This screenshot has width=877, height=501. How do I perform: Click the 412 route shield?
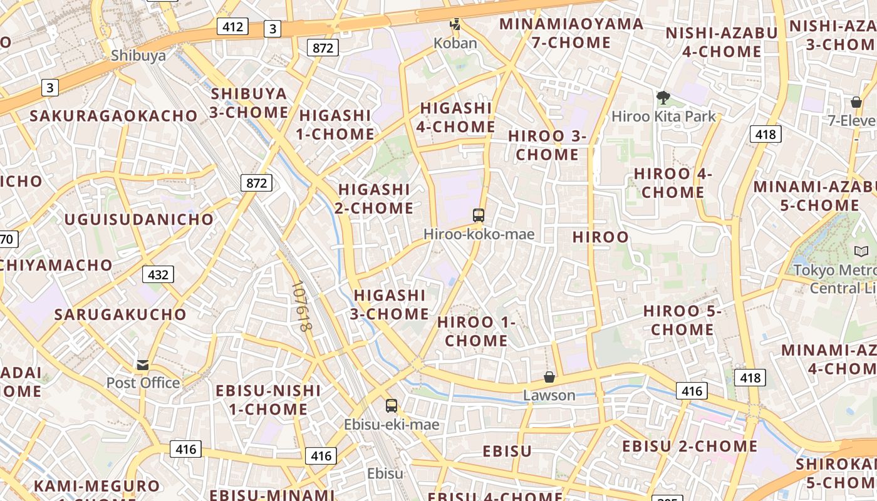[x=232, y=26]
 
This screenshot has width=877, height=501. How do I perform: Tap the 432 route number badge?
[x=158, y=274]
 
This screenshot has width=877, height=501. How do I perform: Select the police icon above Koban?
[x=455, y=25]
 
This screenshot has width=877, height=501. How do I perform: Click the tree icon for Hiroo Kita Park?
[x=663, y=98]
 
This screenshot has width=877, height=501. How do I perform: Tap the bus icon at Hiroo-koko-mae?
[x=479, y=215]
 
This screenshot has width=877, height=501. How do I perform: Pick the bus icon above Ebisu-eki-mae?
[x=392, y=406]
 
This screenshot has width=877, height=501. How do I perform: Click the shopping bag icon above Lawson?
[x=549, y=377]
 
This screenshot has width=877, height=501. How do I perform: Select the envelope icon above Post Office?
[x=143, y=364]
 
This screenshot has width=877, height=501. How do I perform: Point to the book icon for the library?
[x=861, y=251]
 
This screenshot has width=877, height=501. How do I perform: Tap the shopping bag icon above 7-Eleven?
[x=856, y=101]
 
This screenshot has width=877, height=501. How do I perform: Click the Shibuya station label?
[x=138, y=55]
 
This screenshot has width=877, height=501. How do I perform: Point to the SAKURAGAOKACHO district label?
[x=114, y=116]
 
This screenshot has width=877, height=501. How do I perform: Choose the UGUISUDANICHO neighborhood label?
[x=139, y=219]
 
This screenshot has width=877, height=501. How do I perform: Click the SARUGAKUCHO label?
[x=120, y=314]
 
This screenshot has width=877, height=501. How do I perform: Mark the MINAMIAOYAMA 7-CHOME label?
[x=571, y=33]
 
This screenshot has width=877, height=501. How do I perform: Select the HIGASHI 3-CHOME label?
[x=391, y=304]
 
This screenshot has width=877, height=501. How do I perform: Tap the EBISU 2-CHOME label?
[x=690, y=447]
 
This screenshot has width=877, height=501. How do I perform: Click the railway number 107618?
[x=301, y=306]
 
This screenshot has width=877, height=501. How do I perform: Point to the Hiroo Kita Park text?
[x=663, y=116]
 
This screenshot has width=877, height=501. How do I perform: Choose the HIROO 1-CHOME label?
[x=476, y=331]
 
